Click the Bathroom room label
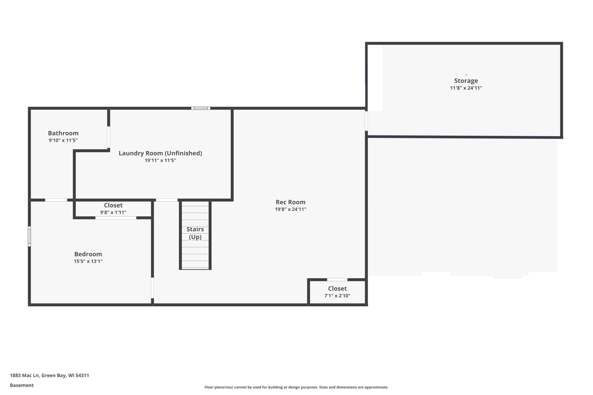[63, 133]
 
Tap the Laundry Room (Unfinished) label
[160, 153]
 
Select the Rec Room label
[290, 202]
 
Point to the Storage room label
[466, 81]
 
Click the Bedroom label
[88, 254]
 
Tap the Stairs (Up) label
[195, 233]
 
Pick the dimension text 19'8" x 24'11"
[290, 209]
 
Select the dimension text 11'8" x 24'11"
[466, 88]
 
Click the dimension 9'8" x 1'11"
[113, 212]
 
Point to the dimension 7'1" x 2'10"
[337, 296]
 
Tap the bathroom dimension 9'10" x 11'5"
[63, 140]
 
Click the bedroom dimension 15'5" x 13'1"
[88, 261]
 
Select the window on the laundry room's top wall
[201, 108]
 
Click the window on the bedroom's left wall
[29, 236]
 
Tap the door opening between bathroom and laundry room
[109, 137]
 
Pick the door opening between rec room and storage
[366, 121]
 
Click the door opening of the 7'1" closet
[337, 280]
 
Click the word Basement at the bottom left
[22, 385]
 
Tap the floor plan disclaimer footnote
[296, 387]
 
